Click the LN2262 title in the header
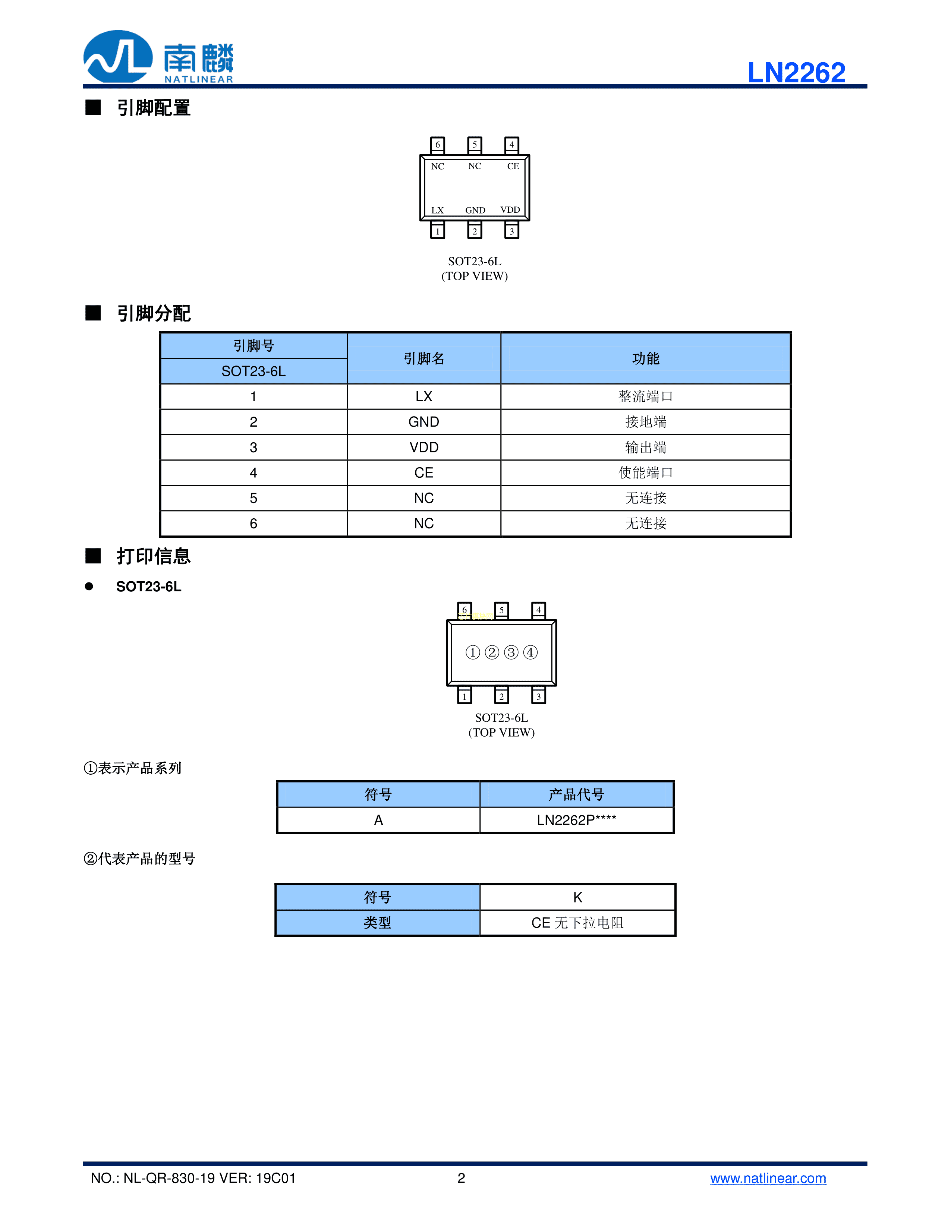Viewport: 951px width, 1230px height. pos(796,73)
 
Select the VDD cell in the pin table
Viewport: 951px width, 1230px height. pos(423,447)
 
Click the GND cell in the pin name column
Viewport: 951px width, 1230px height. pos(423,422)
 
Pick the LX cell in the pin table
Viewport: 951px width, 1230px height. pos(423,396)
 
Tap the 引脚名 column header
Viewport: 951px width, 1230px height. pos(423,358)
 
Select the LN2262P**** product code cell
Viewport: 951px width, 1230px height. pos(576,820)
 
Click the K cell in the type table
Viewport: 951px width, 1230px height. pos(577,897)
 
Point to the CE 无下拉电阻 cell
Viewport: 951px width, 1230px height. pos(577,923)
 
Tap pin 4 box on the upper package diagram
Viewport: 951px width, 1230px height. pos(511,145)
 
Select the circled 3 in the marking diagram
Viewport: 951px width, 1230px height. pos(511,652)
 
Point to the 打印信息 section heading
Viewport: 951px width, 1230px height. pos(153,556)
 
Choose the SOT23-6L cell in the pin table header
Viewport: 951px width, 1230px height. pos(254,371)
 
